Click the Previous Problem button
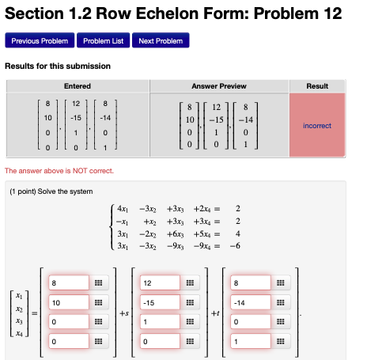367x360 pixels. (x=40, y=40)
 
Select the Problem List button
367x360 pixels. (x=102, y=40)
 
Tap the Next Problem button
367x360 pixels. (x=161, y=40)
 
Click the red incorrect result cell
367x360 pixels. (x=317, y=125)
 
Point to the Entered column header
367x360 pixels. (x=77, y=85)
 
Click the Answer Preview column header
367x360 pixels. (x=219, y=85)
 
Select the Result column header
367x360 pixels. (x=317, y=85)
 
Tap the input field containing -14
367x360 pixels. (x=252, y=303)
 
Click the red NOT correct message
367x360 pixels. (x=59, y=171)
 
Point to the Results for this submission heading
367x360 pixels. (x=58, y=66)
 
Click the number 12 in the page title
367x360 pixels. (x=326, y=13)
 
